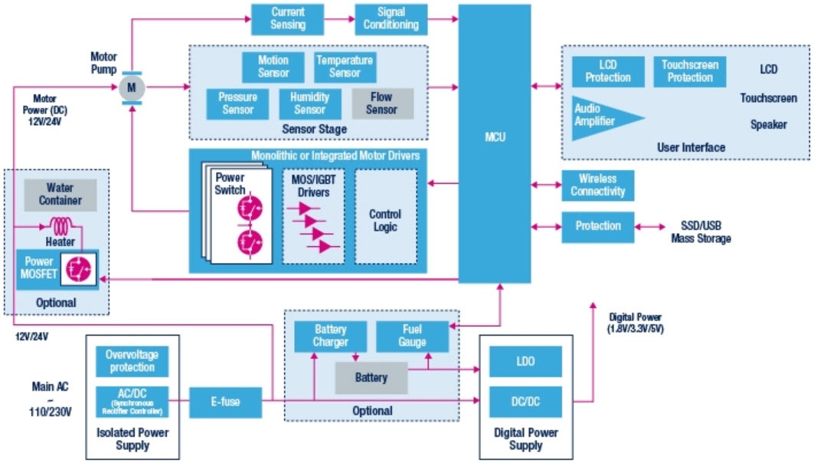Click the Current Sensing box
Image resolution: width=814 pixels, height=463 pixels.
288,19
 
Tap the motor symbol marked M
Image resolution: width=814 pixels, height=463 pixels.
130,87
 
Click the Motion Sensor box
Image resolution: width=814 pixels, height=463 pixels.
273,67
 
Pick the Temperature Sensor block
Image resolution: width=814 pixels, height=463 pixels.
345,67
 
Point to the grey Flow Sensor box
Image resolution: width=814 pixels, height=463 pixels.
381,103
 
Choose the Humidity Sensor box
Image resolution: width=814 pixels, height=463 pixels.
309,103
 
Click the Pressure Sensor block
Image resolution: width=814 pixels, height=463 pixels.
237,103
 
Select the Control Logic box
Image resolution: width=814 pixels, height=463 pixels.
385,221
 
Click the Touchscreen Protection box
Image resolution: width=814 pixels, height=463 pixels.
690,71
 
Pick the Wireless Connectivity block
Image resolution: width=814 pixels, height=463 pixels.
597,186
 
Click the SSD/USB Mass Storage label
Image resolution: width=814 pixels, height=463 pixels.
701,232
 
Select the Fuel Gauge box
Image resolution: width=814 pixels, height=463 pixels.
412,336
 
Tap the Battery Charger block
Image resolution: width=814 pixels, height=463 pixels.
331,336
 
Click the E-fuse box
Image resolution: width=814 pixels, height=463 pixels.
225,399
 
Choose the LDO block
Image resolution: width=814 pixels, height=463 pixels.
525,362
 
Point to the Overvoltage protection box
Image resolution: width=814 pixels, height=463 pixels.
132,361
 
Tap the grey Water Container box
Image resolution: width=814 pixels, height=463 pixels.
59,195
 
